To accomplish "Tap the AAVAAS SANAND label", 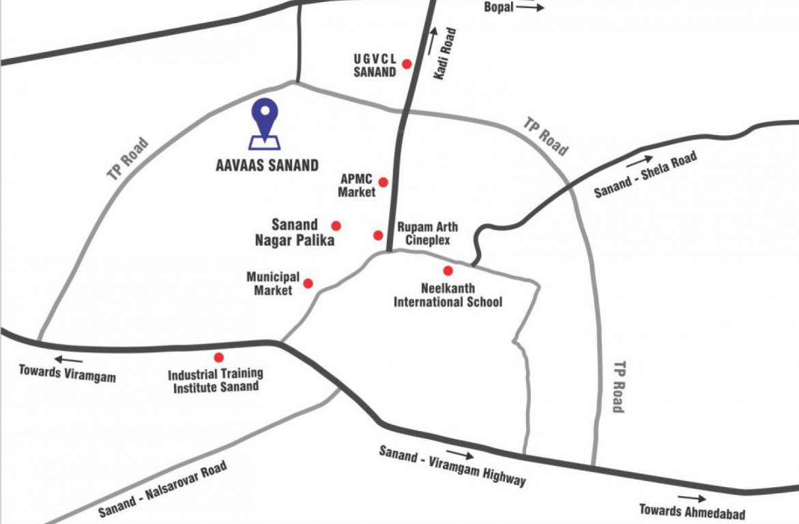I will [265, 164].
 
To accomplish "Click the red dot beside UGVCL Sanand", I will [407, 64].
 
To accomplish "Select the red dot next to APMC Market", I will [383, 182].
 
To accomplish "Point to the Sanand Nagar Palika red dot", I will [336, 226].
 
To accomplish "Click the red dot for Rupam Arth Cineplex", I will [378, 235].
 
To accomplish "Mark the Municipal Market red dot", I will [308, 283].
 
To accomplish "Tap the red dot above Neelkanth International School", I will [448, 271].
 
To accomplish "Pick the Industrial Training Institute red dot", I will [219, 358].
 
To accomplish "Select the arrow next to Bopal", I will [530, 8].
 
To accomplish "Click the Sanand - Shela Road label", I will [645, 175].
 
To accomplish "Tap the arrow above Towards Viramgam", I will [68, 360].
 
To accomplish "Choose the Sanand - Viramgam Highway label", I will [452, 466].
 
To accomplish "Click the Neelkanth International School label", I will [448, 295].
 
